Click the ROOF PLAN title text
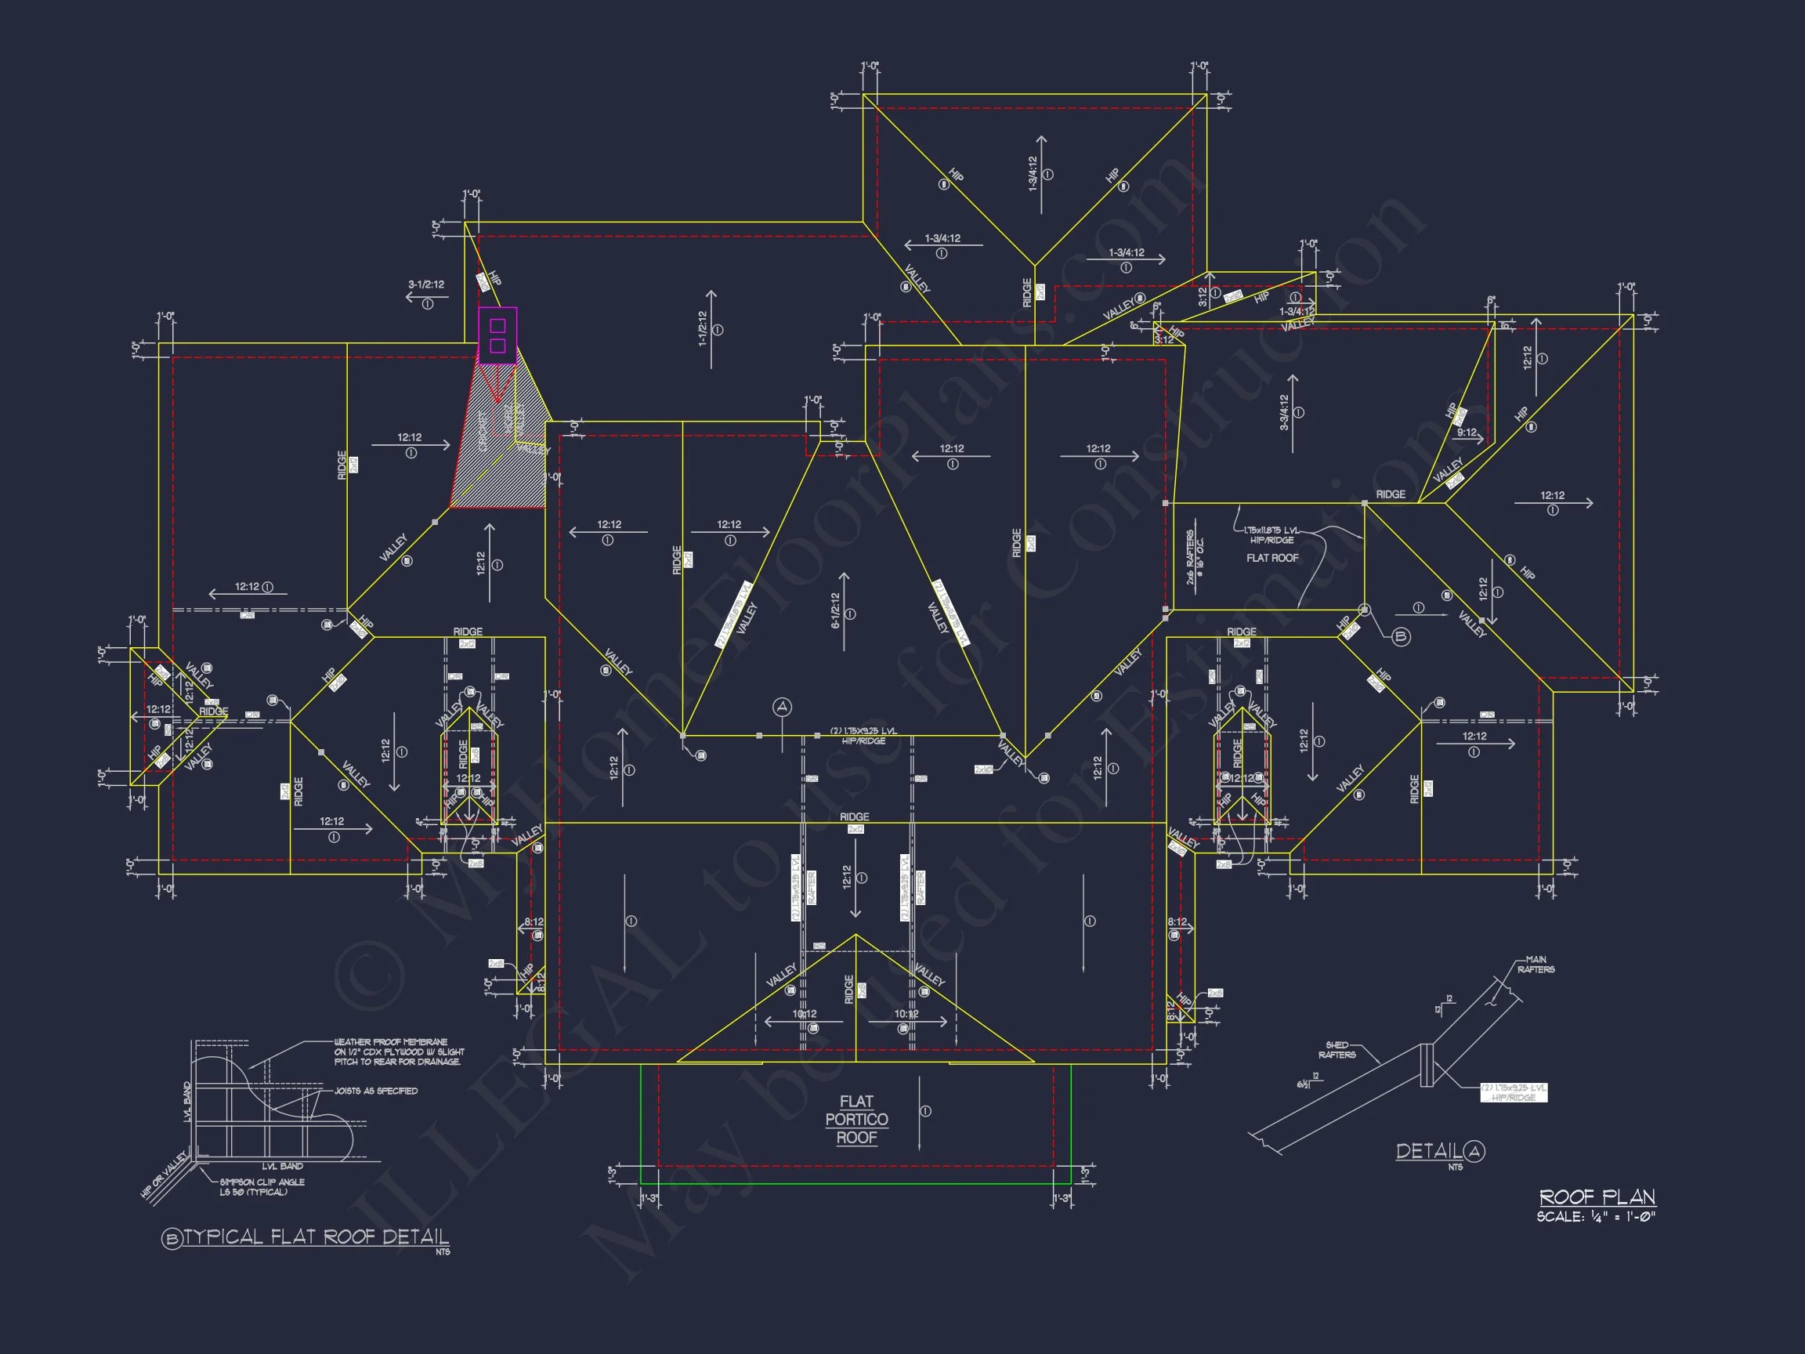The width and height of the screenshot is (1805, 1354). pos(1597,1197)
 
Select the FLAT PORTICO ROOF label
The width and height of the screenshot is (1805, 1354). pos(856,1119)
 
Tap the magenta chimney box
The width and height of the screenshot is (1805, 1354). pos(497,335)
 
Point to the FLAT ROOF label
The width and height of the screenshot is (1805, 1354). pos(1272,558)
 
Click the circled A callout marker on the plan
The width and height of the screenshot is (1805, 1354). pos(783,707)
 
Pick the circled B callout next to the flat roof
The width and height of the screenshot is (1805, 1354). pos(1400,637)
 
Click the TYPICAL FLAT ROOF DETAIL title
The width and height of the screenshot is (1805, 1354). pos(315,1237)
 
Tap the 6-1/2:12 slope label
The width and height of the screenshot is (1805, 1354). pos(836,611)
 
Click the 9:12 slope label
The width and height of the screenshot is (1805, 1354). pos(1467,433)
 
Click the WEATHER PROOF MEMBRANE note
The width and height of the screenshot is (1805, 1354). pos(397,1052)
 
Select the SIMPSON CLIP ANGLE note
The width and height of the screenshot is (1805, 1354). pos(261,1186)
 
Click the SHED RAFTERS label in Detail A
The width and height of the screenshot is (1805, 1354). pos(1336,1049)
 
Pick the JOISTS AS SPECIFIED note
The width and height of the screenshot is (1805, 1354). pos(376,1092)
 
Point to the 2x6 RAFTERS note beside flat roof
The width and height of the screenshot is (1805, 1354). pos(1195,559)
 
